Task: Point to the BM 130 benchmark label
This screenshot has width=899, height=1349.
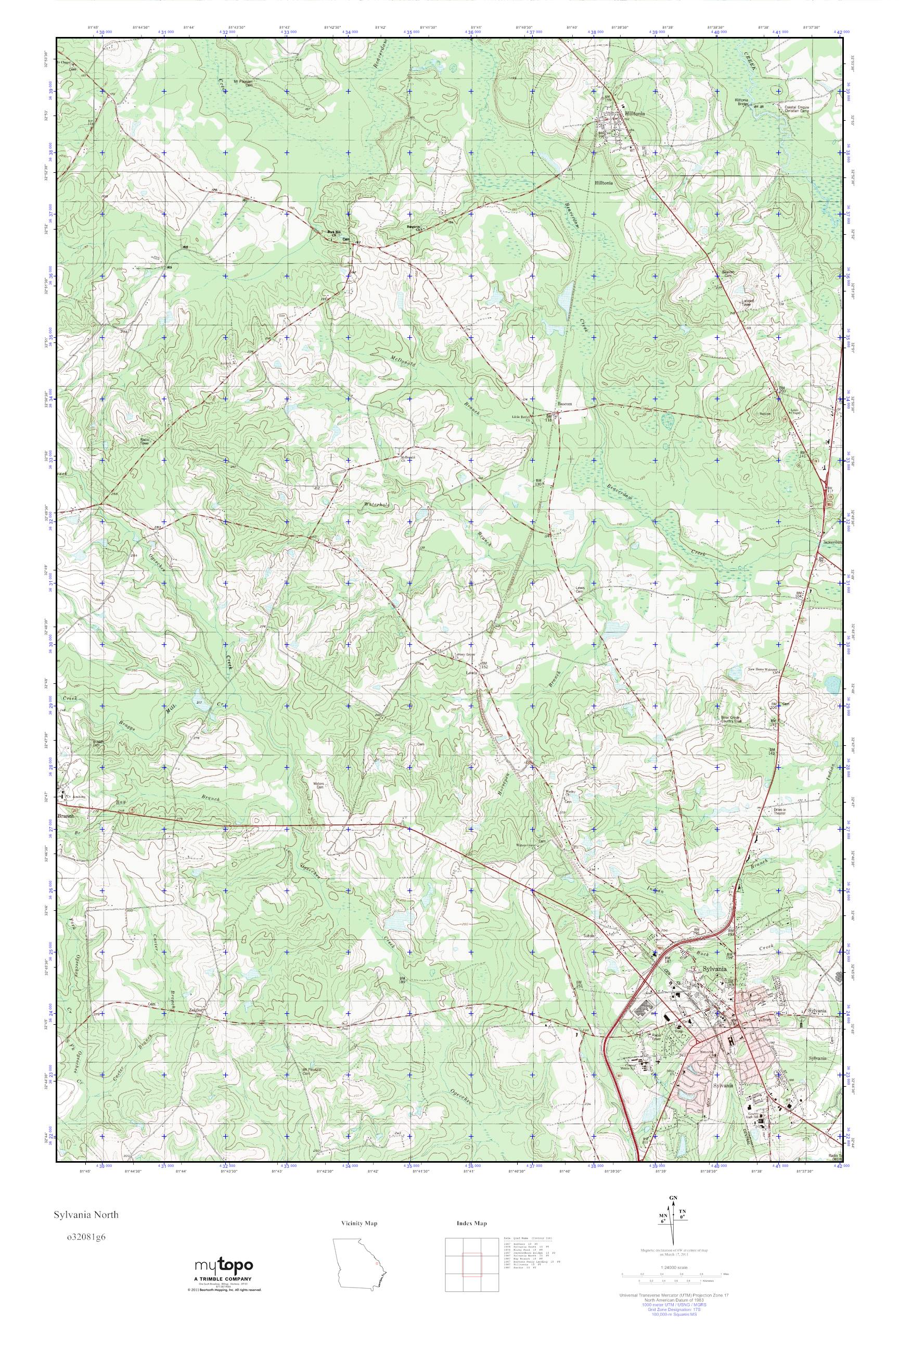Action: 538,482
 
